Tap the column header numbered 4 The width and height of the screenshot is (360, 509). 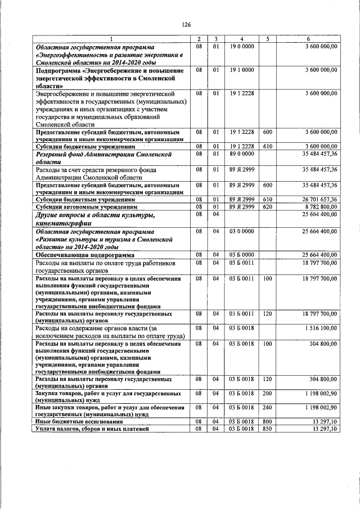pos(241,38)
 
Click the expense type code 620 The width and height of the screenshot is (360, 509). pos(268,207)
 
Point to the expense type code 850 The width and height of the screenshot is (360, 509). pos(268,429)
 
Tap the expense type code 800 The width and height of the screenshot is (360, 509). pos(268,421)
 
